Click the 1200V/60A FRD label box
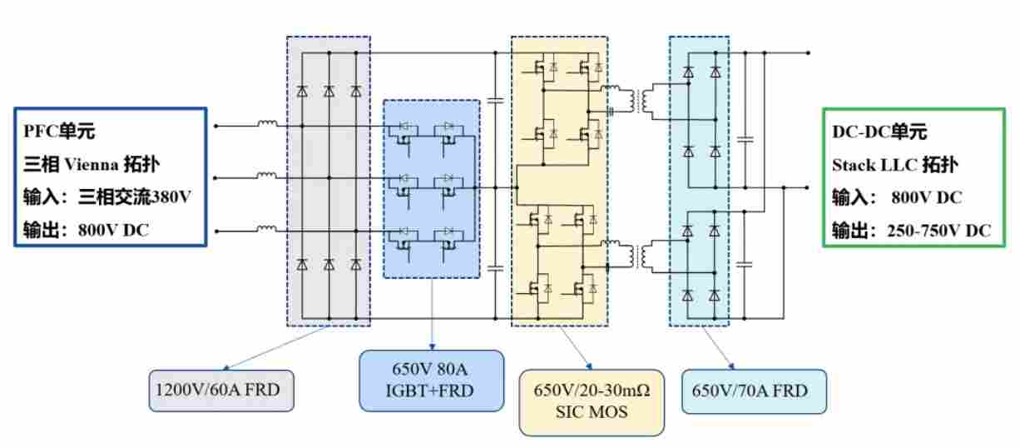221,391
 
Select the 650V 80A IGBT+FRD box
431,381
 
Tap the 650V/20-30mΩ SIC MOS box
592,402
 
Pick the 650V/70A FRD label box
755,391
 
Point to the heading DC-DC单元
879,132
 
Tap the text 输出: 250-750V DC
911,231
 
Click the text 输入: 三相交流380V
106,197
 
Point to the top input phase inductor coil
268,125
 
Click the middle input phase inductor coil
268,176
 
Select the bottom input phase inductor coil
268,227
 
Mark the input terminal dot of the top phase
216,127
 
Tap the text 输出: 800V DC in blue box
86,231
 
